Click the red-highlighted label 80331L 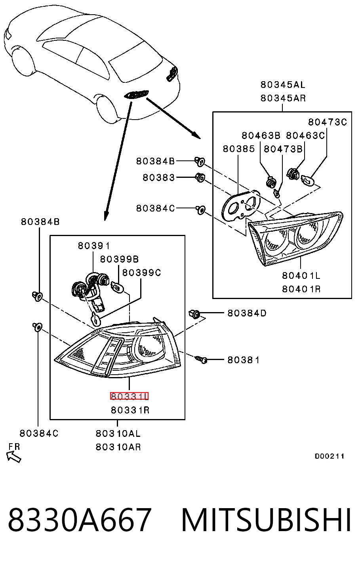(129, 396)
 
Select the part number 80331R (130, 410)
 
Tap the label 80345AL (283, 85)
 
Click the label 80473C (328, 122)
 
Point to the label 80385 (239, 149)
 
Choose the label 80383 (158, 177)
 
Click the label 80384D (247, 313)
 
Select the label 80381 (243, 360)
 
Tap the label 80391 (93, 246)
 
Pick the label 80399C (141, 272)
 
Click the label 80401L (301, 276)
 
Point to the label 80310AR (118, 447)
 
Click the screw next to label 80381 (201, 359)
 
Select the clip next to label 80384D (194, 314)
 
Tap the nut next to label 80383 (200, 177)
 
